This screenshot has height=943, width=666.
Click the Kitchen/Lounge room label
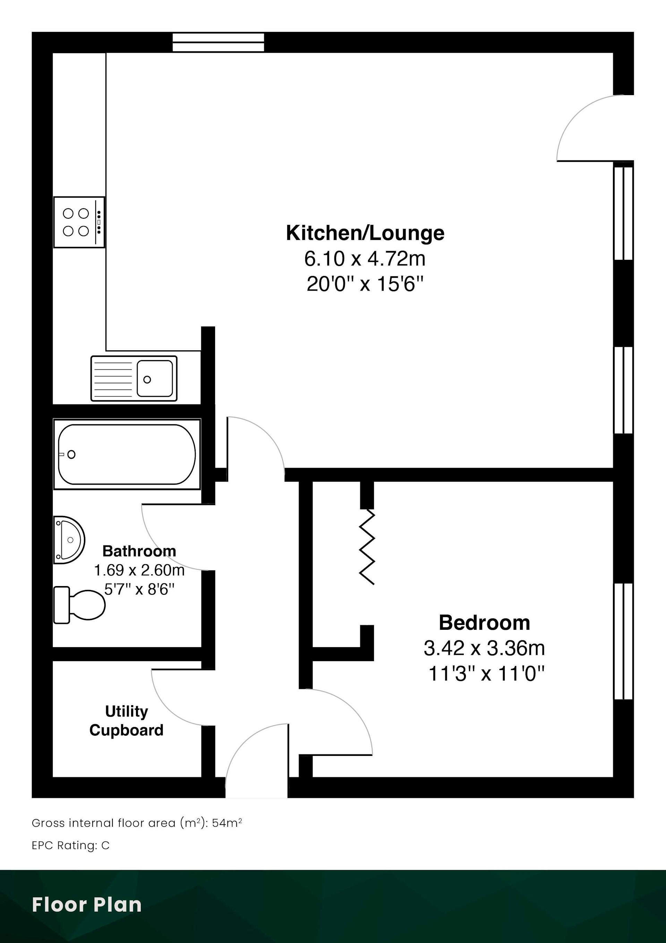click(365, 233)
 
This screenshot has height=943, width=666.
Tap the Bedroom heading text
click(484, 623)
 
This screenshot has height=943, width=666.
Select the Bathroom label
click(139, 551)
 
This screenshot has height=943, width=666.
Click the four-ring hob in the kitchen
click(79, 222)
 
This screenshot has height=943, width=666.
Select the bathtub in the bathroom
click(127, 454)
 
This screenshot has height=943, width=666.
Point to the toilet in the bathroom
click(79, 605)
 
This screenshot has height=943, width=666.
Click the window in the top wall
click(218, 42)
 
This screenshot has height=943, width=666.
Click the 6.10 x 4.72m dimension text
click(365, 259)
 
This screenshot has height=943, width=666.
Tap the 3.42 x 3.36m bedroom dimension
click(484, 649)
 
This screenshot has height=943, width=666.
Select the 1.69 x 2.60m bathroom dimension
click(139, 570)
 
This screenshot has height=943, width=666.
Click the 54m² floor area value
click(227, 823)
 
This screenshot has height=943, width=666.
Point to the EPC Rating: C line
click(70, 845)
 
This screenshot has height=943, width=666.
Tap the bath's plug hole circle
click(71, 454)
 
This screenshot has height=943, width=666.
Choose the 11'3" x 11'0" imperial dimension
click(486, 674)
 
